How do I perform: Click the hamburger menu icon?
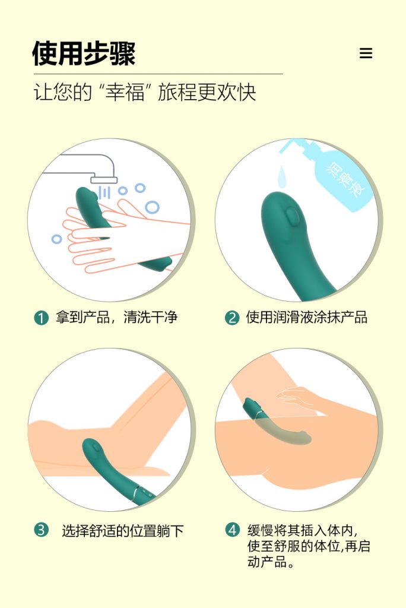pos(366,53)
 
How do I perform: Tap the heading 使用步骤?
pos(84,53)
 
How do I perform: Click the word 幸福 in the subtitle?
pos(125,93)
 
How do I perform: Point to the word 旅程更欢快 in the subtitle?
pos(207,93)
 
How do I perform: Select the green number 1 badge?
pos(41,318)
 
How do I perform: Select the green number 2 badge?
pos(232,318)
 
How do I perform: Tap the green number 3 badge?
pos(41,530)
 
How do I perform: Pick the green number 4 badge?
pos(232,530)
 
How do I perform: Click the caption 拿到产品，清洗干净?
pos(116,318)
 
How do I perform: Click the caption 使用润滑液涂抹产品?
pos(306,318)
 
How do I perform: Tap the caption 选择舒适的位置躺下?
pos(122,531)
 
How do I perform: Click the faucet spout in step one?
pos(103,179)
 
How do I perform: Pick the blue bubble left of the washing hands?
pos(56,239)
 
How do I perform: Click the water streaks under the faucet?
pos(104,192)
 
